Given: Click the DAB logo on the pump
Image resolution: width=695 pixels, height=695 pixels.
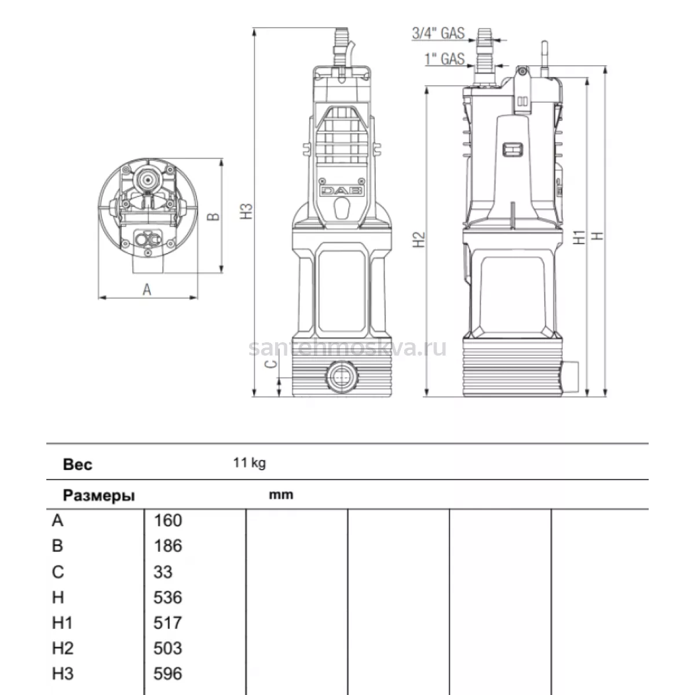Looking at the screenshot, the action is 342,191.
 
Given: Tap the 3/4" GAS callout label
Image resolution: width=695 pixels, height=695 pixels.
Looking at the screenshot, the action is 438,33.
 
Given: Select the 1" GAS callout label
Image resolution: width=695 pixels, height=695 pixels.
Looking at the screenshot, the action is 445,59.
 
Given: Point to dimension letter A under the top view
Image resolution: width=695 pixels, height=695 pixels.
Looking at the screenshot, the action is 147,289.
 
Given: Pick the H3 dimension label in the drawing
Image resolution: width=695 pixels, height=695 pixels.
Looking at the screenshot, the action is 247,211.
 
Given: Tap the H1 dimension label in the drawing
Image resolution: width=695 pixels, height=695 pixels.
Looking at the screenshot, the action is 579,237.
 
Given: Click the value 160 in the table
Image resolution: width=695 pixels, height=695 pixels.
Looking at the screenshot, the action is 168,521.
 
